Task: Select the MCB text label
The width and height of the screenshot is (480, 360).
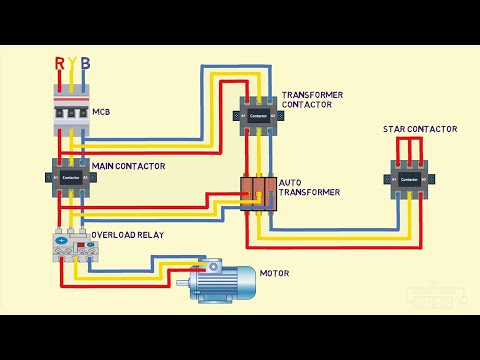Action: [x=101, y=112]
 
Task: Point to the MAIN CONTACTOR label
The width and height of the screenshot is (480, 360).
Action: [x=127, y=166]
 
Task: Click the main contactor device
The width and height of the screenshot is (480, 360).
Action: [x=71, y=176]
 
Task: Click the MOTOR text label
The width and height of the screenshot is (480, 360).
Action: [x=274, y=273]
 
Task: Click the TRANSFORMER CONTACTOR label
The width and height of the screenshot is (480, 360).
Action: [x=312, y=99]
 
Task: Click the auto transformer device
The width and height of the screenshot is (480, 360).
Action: [x=257, y=192]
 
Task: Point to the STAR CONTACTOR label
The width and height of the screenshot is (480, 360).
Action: [x=420, y=130]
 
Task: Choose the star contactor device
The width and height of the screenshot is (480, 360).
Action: [x=410, y=179]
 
